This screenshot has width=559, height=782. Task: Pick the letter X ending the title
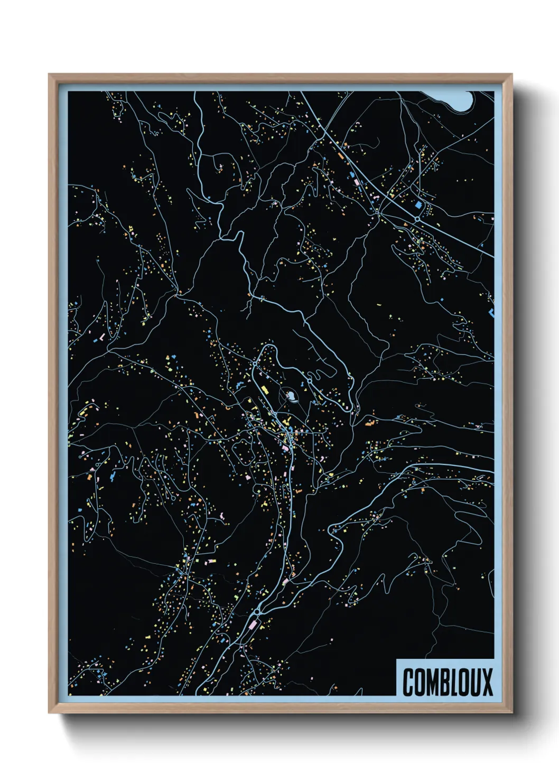click(x=488, y=682)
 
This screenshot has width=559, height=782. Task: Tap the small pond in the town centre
click(x=290, y=394)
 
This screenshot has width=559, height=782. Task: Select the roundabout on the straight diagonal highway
click(x=417, y=218)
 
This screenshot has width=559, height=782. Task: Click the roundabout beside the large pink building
click(x=257, y=611)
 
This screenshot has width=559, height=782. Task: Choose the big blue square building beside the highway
click(x=419, y=204)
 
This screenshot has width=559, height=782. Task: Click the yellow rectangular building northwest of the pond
click(x=265, y=390)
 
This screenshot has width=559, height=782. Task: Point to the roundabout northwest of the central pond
click(x=255, y=364)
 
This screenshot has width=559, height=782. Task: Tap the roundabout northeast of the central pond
click(x=309, y=380)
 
